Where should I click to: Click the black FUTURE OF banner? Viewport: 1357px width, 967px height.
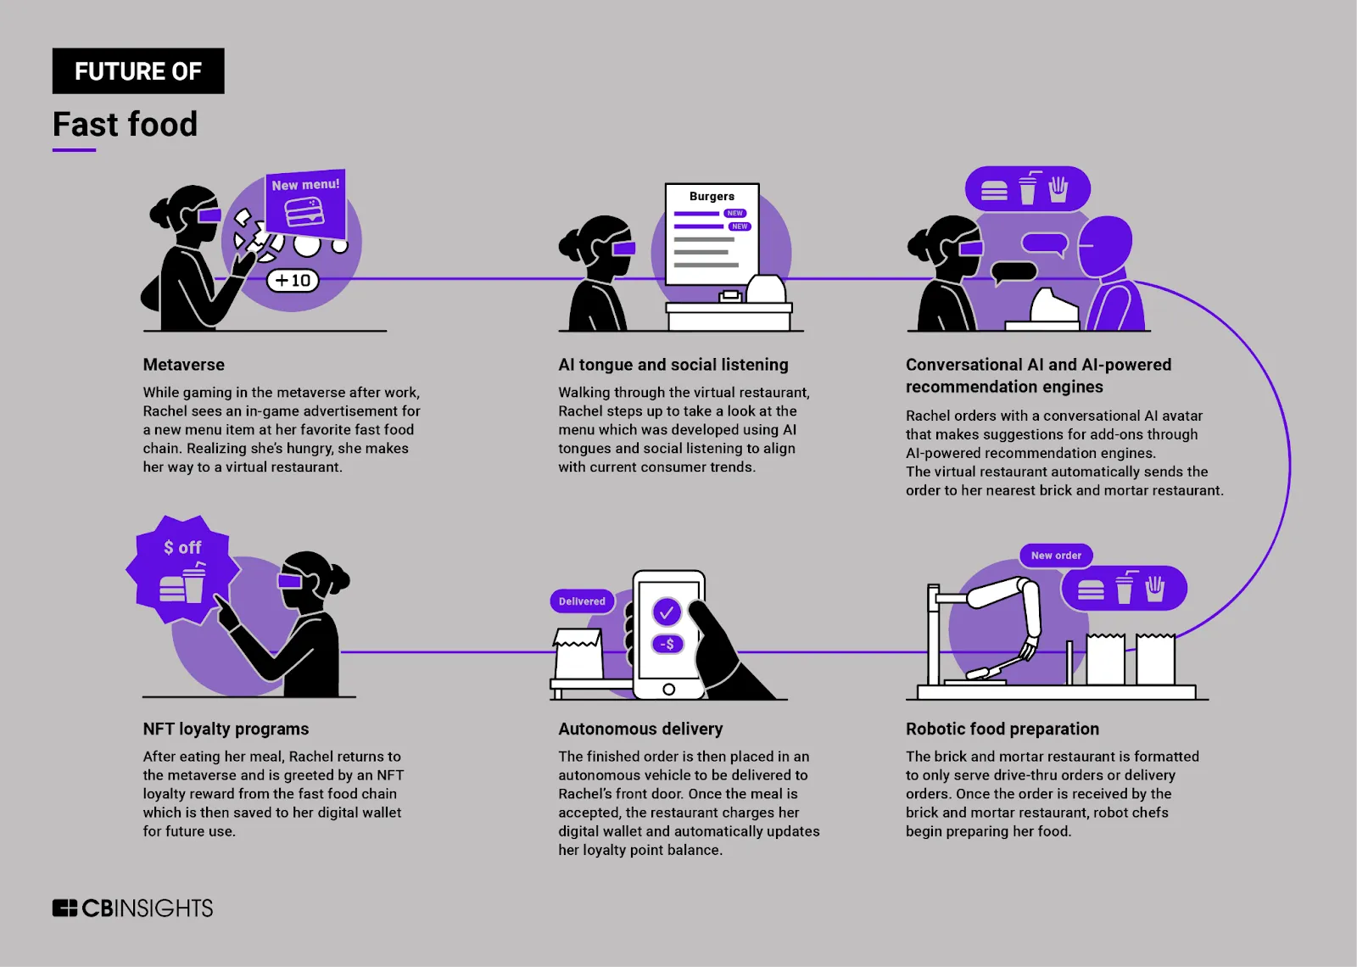138,71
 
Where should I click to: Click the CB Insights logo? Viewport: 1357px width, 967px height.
132,908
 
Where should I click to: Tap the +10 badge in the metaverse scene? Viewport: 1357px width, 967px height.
293,280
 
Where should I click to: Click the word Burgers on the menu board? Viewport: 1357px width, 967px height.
712,196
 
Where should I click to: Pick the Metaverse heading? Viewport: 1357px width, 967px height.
183,365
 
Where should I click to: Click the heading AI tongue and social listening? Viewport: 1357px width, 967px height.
673,365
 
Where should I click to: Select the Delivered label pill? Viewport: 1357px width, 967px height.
582,601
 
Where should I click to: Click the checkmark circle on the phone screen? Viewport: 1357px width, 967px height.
667,611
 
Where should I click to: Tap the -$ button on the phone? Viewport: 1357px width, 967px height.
667,644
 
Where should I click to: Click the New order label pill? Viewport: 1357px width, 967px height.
1056,556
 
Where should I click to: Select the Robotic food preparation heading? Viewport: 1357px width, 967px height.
1002,729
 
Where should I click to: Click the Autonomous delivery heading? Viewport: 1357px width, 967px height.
640,729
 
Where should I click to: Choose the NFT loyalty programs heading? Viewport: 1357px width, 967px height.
226,729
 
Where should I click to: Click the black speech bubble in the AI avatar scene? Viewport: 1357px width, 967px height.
1014,272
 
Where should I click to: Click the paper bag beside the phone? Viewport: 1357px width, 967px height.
578,655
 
